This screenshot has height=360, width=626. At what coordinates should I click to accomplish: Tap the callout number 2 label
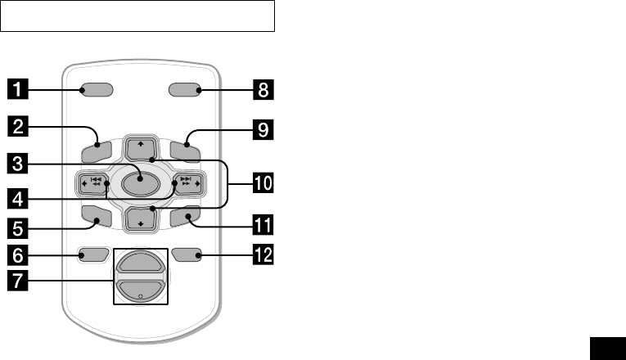click(20, 126)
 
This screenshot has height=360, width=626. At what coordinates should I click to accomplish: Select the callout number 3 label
click(20, 162)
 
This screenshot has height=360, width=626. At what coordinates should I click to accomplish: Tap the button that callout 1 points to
click(97, 89)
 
